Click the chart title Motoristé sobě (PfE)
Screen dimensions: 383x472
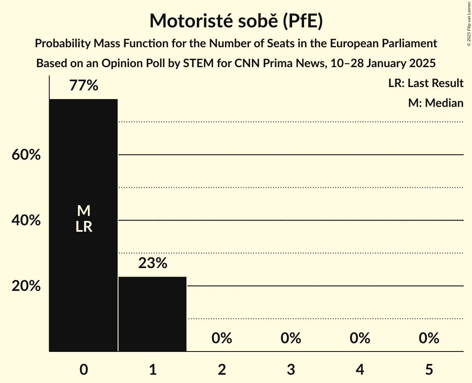[x=236, y=21]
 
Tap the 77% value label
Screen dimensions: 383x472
[x=84, y=86]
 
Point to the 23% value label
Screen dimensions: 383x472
[x=152, y=263]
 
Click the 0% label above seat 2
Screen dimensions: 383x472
[x=222, y=338]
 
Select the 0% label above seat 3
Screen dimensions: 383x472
[x=291, y=338]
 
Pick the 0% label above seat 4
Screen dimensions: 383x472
[x=360, y=338]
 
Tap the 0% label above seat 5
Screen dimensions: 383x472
[x=429, y=338]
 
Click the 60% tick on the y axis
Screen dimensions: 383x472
[x=26, y=155]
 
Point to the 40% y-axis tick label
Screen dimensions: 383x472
[x=26, y=221]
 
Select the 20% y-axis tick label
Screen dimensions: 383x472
[x=26, y=286]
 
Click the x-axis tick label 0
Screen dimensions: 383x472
[x=84, y=369]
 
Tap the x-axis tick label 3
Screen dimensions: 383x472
[x=291, y=369]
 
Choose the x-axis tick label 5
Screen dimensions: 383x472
[x=429, y=369]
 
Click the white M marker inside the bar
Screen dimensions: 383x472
[x=84, y=211]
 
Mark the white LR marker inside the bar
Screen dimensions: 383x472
[x=84, y=227]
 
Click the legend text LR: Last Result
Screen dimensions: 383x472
[x=426, y=83]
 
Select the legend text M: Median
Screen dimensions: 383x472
[x=436, y=103]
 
